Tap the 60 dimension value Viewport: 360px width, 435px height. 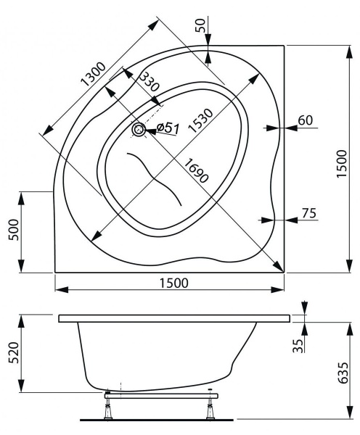click(x=306, y=120)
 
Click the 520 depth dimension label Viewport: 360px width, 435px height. click(x=10, y=353)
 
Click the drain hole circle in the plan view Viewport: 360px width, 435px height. click(x=138, y=130)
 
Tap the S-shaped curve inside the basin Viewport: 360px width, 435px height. click(x=155, y=178)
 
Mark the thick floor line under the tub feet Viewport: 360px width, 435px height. click(x=160, y=419)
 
